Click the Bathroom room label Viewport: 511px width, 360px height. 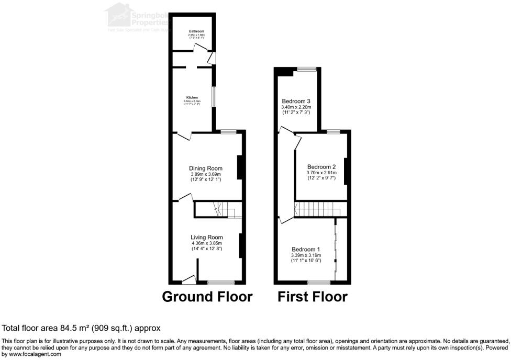click(196, 32)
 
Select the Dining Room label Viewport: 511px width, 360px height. click(206, 168)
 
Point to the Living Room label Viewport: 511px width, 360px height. click(207, 237)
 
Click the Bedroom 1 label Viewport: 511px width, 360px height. click(306, 249)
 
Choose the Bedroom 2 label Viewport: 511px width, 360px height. click(321, 167)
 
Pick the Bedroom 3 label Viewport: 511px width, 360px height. click(296, 101)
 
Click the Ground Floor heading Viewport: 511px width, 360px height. click(207, 297)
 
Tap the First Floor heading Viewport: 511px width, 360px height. click(312, 297)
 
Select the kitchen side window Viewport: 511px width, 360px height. click(214, 96)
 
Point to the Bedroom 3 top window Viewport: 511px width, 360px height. click(307, 69)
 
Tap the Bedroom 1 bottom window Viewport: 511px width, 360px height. click(315, 283)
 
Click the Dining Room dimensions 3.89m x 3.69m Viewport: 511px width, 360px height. click(206, 174)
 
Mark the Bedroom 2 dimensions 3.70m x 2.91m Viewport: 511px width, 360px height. click(321, 173)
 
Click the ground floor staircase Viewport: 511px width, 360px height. click(218, 209)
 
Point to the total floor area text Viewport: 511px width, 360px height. click(81, 328)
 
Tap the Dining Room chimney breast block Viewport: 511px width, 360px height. click(240, 167)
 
